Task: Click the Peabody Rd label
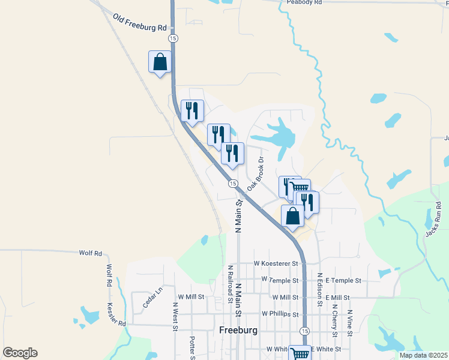pyautogui.click(x=304, y=3)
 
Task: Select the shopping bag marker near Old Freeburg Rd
pyautogui.click(x=160, y=62)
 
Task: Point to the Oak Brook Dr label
pyautogui.click(x=256, y=175)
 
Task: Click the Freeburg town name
pyautogui.click(x=238, y=331)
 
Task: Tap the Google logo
pyautogui.click(x=20, y=353)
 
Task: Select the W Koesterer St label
pyautogui.click(x=276, y=263)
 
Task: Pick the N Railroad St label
pyautogui.click(x=230, y=283)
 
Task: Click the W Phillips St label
pyautogui.click(x=280, y=314)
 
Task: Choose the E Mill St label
pyautogui.click(x=337, y=297)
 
